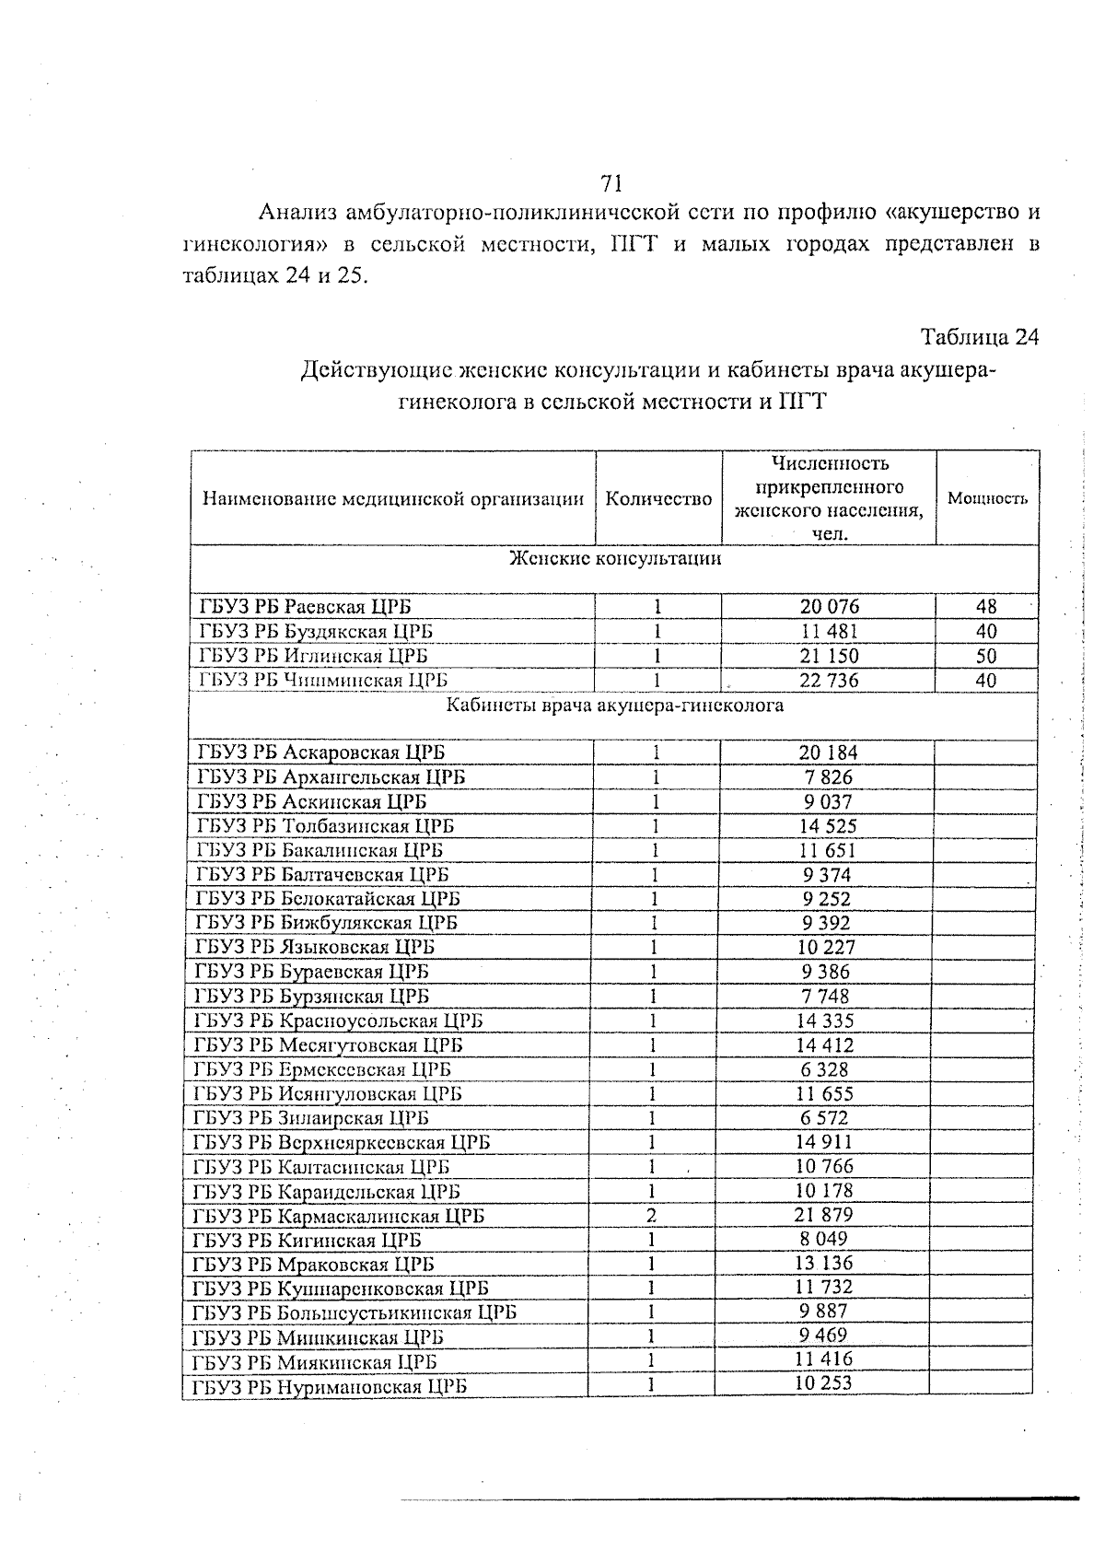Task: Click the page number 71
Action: click(x=611, y=181)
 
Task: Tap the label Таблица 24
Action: click(x=979, y=337)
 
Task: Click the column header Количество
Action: click(x=658, y=499)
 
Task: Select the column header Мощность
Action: click(x=987, y=499)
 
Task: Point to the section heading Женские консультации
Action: click(x=615, y=559)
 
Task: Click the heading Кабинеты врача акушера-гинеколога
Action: click(x=615, y=706)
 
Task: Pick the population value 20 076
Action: click(x=829, y=607)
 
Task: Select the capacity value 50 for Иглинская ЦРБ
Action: click(x=986, y=656)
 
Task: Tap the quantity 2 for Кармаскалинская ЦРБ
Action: click(x=652, y=1215)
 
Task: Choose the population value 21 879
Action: click(x=825, y=1215)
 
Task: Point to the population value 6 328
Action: click(x=825, y=1069)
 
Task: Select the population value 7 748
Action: click(x=825, y=996)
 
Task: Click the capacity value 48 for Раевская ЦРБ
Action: click(x=986, y=607)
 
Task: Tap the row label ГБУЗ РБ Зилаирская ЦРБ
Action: click(x=311, y=1118)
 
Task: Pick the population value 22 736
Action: click(x=829, y=681)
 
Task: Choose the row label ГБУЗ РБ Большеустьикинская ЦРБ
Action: click(x=355, y=1312)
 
